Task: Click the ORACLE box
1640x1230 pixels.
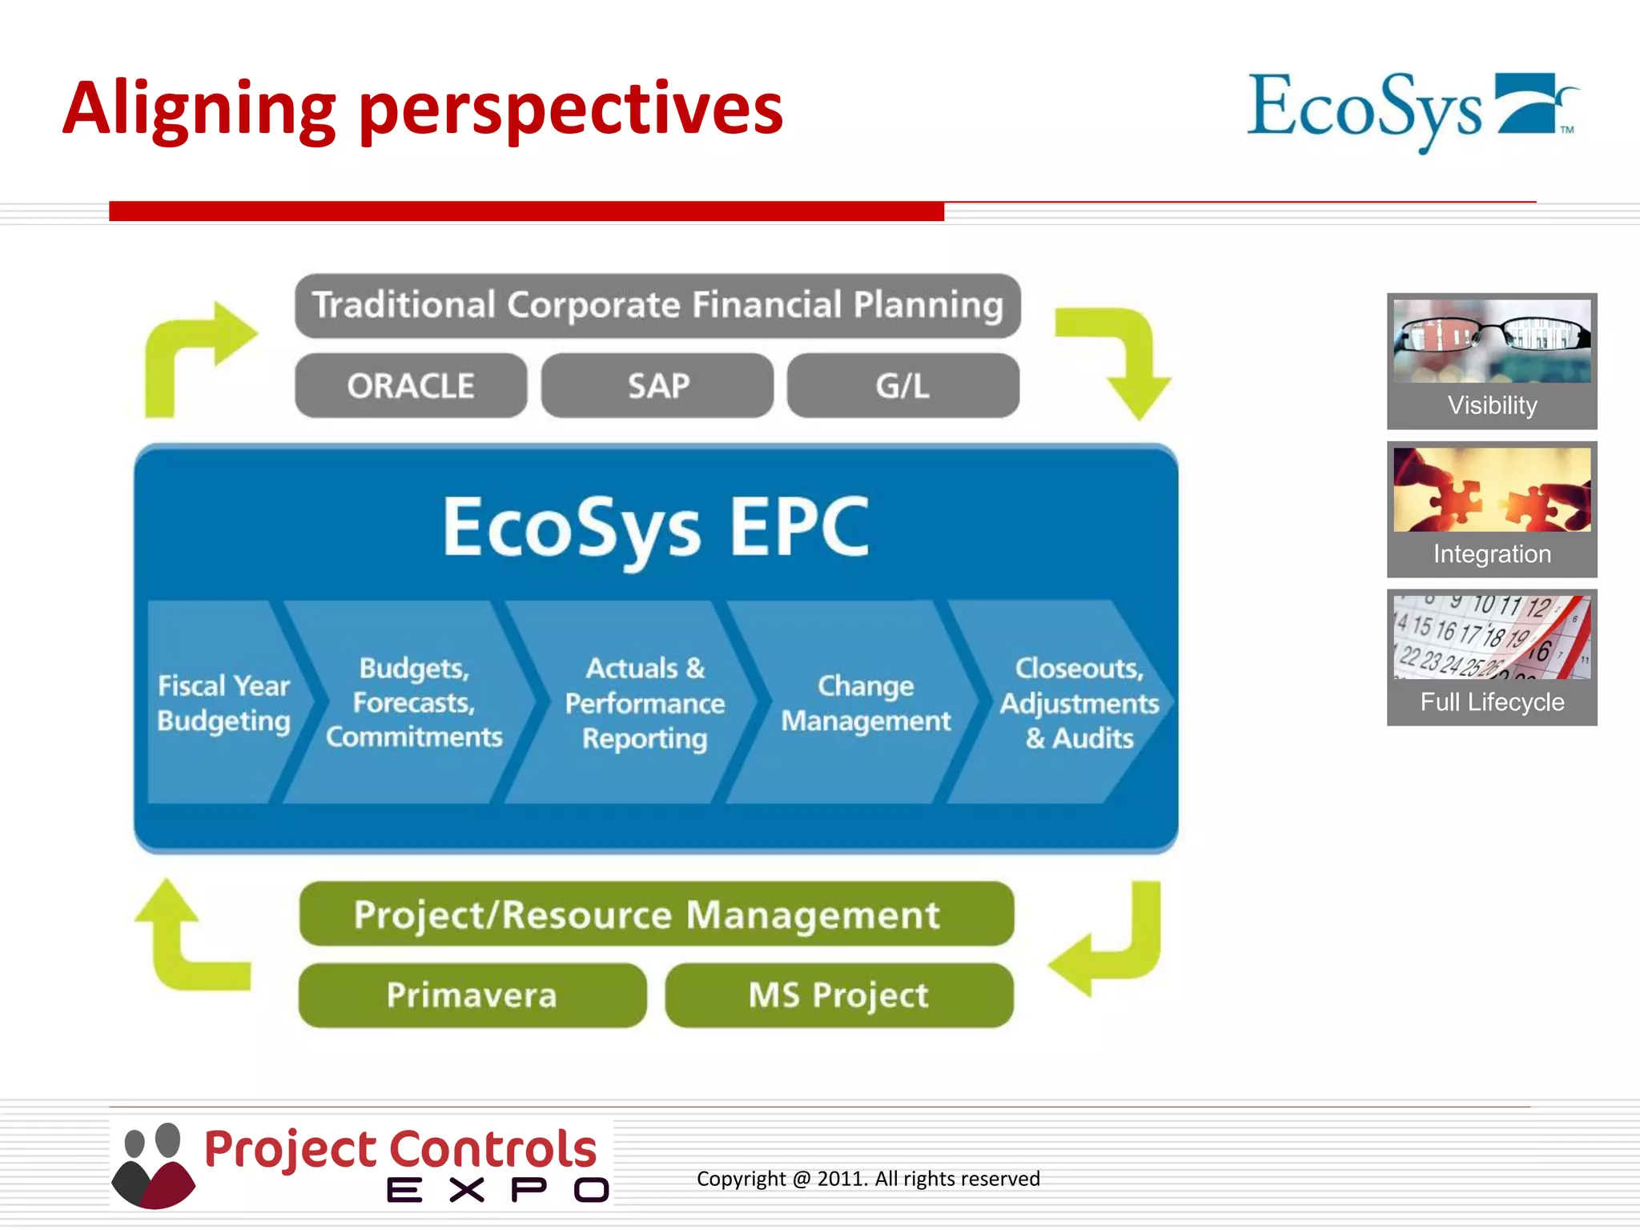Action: click(x=411, y=386)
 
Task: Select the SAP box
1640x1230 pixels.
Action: click(x=657, y=386)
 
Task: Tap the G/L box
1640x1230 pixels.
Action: click(x=902, y=386)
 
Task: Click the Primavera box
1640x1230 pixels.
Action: click(x=472, y=995)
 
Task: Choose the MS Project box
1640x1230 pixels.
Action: click(x=838, y=995)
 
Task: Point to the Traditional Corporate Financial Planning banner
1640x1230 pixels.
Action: click(x=657, y=305)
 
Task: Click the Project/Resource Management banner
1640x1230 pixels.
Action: click(x=656, y=914)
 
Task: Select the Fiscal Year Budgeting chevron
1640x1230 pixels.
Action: click(x=223, y=702)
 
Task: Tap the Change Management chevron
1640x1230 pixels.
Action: click(x=866, y=702)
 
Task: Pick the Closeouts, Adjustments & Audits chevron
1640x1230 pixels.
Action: click(x=1077, y=702)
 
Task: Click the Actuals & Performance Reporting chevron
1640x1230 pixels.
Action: click(x=645, y=702)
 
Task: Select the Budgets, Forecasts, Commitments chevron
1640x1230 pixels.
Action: click(x=414, y=702)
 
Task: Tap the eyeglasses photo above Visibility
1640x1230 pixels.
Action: click(x=1492, y=340)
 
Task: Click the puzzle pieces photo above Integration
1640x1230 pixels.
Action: click(x=1492, y=489)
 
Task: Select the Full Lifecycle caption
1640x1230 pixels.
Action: click(x=1492, y=702)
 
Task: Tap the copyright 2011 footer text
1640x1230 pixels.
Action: click(x=868, y=1179)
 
